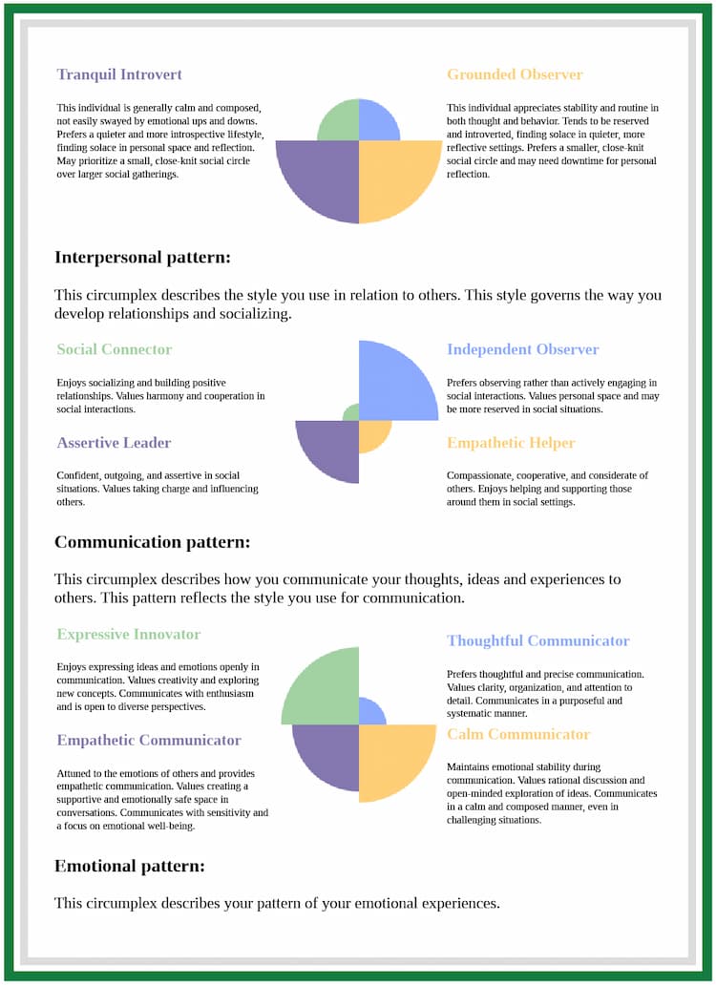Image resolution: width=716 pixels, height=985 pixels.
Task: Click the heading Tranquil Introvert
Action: pyautogui.click(x=119, y=74)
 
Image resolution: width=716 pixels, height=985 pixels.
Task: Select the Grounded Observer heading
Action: pyautogui.click(x=515, y=74)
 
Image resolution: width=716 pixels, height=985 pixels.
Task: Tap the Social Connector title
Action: pyautogui.click(x=115, y=349)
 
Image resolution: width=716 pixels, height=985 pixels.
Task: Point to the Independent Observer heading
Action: pyautogui.click(x=522, y=349)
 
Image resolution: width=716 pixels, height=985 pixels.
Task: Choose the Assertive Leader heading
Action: pyautogui.click(x=114, y=443)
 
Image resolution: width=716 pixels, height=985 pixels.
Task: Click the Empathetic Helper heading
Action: pyautogui.click(x=511, y=443)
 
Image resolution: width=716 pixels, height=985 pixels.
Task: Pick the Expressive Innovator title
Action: pyautogui.click(x=129, y=635)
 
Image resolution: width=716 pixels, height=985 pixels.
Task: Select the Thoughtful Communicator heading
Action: pyautogui.click(x=537, y=641)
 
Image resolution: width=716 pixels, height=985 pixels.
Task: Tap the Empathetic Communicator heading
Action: pyautogui.click(x=149, y=741)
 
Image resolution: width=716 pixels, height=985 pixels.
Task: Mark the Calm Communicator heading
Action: pyautogui.click(x=518, y=735)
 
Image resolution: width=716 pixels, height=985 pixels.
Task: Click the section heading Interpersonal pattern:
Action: pyautogui.click(x=142, y=258)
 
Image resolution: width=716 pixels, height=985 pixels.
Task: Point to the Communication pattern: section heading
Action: pyautogui.click(x=152, y=542)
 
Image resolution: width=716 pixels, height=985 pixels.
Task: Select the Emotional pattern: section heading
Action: pyautogui.click(x=130, y=867)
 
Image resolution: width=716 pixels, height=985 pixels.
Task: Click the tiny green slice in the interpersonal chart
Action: pyautogui.click(x=352, y=413)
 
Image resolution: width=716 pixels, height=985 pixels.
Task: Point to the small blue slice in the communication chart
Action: pyautogui.click(x=369, y=713)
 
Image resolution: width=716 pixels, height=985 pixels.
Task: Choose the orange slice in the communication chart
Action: pyautogui.click(x=391, y=757)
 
